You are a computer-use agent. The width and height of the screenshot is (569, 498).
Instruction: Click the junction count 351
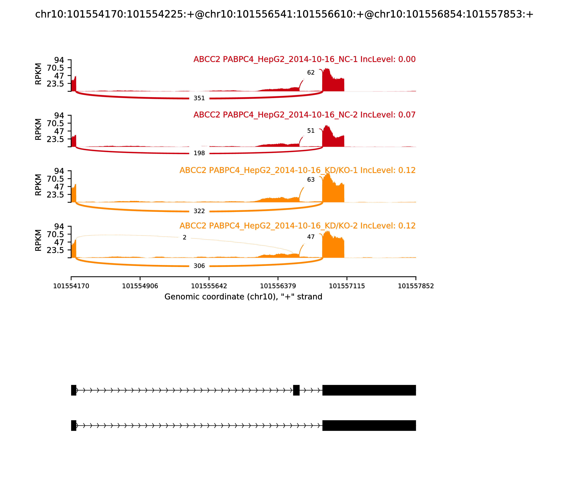pos(199,98)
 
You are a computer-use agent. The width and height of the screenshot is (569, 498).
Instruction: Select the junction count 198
pos(199,153)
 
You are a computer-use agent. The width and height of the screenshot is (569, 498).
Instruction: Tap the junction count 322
pos(199,211)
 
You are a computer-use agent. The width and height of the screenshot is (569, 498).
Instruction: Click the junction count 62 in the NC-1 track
pos(311,73)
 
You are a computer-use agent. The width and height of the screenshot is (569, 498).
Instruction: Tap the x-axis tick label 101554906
pos(140,286)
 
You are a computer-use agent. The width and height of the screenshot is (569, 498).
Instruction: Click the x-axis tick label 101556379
pos(278,286)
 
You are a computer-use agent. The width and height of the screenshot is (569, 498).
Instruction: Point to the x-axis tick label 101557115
pos(347,286)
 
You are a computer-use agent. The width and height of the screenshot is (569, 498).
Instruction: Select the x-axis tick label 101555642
pos(209,286)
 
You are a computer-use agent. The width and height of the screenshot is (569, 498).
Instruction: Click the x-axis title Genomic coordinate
pos(243,297)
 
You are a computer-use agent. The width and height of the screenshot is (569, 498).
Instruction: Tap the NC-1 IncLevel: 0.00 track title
pos(304,59)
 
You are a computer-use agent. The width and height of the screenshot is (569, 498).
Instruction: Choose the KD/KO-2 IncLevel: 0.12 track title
pos(297,226)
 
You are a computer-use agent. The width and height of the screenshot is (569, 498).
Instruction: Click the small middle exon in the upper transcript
pos(296,390)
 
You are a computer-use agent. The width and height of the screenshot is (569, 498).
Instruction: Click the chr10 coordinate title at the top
pos(284,14)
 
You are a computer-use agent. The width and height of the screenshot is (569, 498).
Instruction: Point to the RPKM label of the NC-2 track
pos(38,129)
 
